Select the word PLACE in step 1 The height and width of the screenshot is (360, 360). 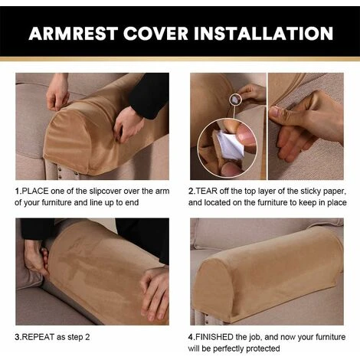tap(37, 189)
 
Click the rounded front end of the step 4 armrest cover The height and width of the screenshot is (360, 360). tap(211, 283)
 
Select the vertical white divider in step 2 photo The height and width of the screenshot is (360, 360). tap(266, 123)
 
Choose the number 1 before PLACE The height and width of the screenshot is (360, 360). tap(18, 189)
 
